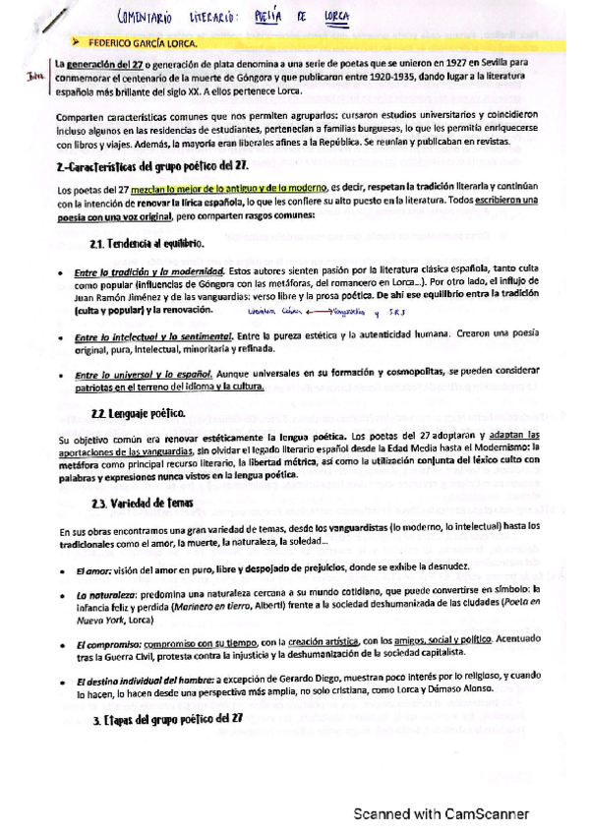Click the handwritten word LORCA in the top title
pyautogui.click(x=337, y=17)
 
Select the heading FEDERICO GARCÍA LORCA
pyautogui.click(x=144, y=43)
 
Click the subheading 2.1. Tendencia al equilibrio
pyautogui.click(x=147, y=242)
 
